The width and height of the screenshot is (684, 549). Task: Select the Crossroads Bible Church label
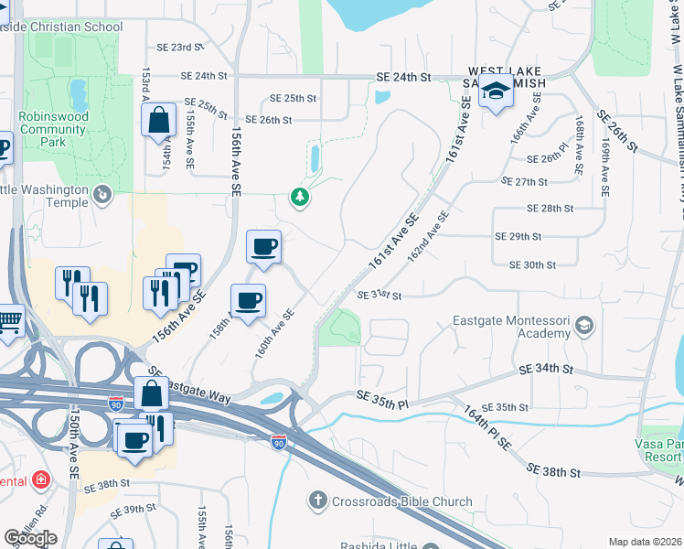click(402, 501)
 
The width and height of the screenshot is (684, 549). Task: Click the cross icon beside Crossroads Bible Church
click(317, 501)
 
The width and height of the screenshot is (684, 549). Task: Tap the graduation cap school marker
click(496, 91)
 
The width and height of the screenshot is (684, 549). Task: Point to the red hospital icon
click(40, 479)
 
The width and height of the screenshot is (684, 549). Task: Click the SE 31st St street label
click(379, 296)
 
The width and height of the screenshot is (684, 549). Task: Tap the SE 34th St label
click(546, 370)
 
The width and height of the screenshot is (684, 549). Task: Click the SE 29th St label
click(518, 236)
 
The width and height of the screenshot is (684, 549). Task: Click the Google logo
click(30, 538)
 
